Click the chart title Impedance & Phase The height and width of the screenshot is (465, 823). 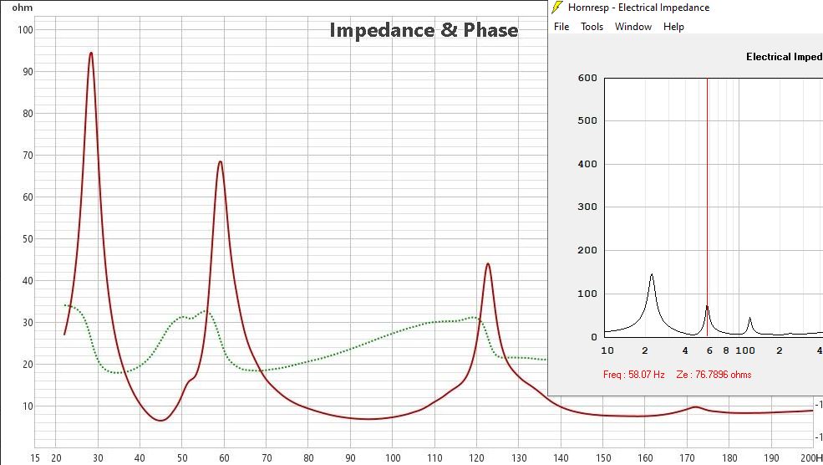pos(424,30)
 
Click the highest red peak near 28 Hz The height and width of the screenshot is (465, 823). pos(91,53)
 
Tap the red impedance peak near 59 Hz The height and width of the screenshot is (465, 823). pos(220,161)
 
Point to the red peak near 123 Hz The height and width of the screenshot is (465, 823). pos(487,264)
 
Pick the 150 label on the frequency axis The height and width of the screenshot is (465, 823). pos(602,457)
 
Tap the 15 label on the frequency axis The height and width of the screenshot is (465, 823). pos(35,457)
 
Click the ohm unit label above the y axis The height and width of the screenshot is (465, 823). pos(22,8)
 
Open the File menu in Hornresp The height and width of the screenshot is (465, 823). pos(561,27)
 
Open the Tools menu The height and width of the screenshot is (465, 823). pos(592,27)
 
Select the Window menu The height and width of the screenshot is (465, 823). pos(632,27)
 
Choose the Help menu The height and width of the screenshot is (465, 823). pos(673,27)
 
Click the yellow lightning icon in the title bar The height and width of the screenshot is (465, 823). pos(557,8)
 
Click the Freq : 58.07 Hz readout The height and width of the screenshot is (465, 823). pos(633,375)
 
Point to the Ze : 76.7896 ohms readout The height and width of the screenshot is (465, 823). pos(712,375)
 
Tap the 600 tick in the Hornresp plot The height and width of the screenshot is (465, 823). pos(587,78)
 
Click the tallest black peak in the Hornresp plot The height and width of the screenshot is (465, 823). pos(652,274)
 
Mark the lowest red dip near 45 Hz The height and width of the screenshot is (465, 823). pos(160,420)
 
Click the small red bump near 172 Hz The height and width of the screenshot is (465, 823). pos(694,406)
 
